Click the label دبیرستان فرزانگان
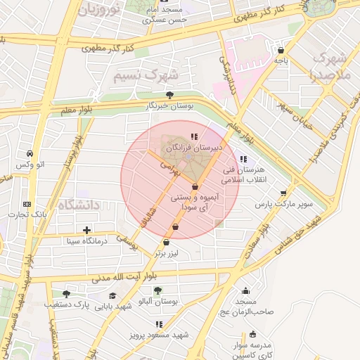(x=194, y=148)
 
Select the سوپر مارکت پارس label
(x=283, y=204)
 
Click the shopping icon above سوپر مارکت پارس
(x=283, y=193)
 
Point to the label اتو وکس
(x=30, y=165)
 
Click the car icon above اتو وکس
(x=30, y=153)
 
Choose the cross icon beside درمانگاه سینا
(x=86, y=230)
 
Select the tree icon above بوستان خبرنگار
(x=169, y=94)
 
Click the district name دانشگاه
(x=79, y=205)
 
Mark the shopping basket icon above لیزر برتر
(x=166, y=243)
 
